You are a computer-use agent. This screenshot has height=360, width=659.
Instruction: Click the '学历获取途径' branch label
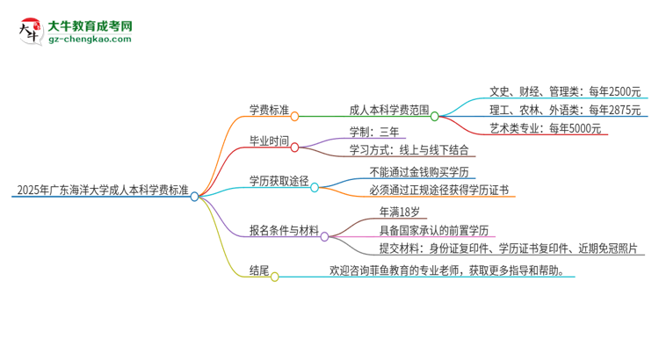click(x=279, y=181)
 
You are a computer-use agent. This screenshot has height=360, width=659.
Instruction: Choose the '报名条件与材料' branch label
click(x=283, y=230)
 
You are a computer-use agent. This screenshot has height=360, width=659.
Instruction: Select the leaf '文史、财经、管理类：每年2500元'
click(x=565, y=90)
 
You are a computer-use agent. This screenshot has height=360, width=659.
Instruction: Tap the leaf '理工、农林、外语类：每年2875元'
click(x=565, y=110)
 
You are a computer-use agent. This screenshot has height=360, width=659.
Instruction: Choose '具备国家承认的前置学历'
click(x=434, y=230)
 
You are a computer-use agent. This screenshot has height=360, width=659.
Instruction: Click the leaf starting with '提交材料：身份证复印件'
click(x=489, y=248)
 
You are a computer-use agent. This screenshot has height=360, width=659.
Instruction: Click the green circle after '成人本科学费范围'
click(x=435, y=115)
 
